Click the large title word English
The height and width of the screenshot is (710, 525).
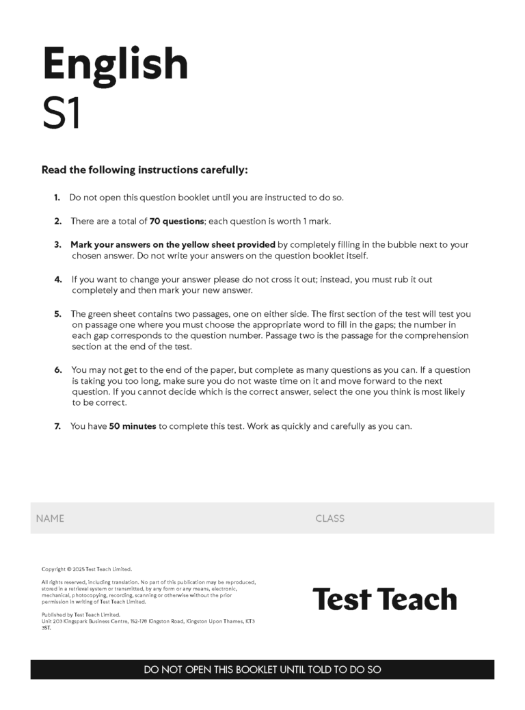point(115,64)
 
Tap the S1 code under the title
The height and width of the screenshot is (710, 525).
point(62,114)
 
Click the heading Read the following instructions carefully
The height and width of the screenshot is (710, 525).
point(144,170)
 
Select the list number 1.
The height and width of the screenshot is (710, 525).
point(57,198)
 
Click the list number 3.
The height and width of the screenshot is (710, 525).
point(58,244)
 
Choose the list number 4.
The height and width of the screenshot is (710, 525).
point(58,279)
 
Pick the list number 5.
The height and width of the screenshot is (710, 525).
point(58,314)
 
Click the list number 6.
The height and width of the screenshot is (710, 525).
point(58,370)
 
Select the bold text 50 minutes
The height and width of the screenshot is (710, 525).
point(133,426)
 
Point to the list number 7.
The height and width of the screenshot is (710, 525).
point(58,426)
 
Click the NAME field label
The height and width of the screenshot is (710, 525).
point(50,518)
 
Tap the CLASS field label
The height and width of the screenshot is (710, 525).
point(329,518)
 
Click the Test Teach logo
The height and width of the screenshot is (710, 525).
point(384,599)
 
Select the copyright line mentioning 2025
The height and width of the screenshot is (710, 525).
point(86,569)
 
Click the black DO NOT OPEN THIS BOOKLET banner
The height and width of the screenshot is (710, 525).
point(262,670)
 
